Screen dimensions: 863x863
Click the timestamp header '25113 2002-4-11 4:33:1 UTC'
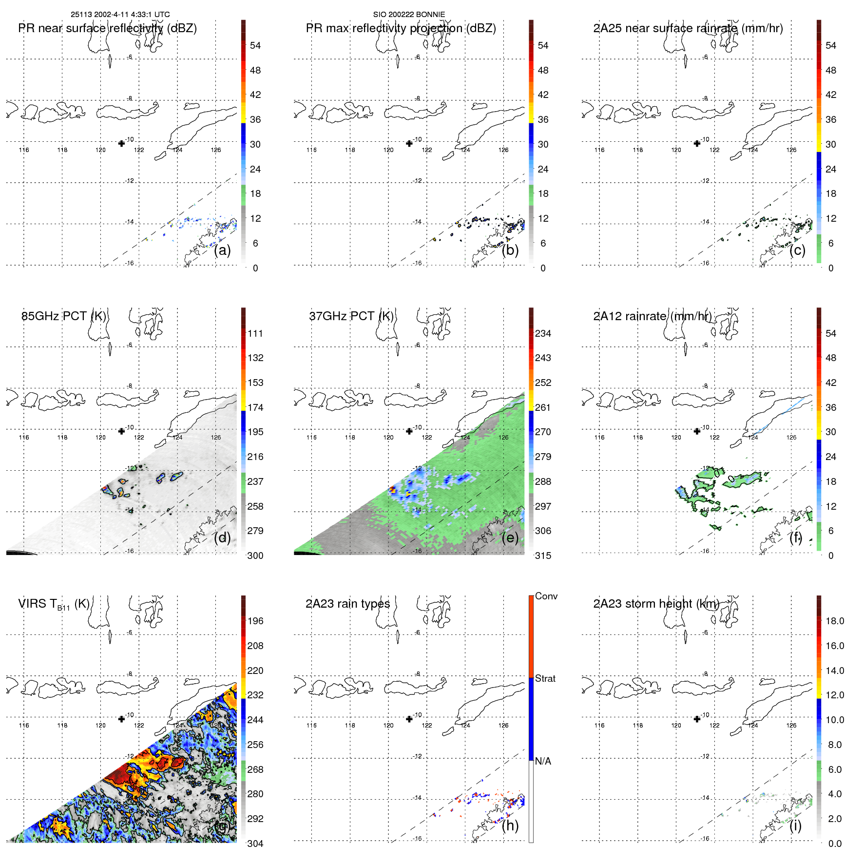point(120,15)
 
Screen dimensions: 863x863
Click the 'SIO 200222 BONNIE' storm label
point(409,15)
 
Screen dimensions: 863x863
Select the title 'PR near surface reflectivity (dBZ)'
point(107,28)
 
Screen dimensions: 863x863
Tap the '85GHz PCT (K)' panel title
point(63,316)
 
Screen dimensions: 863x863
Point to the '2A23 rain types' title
point(347,604)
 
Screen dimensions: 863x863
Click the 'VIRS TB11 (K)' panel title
point(54,604)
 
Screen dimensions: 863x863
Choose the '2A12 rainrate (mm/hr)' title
point(652,316)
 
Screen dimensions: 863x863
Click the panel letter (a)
point(222,250)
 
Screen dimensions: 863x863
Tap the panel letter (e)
point(510,538)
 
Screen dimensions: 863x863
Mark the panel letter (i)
point(795,825)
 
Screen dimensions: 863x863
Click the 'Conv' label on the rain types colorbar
point(546,596)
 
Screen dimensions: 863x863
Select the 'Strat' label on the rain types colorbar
point(545,678)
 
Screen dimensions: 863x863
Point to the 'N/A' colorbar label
point(543,761)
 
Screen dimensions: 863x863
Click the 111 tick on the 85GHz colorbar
point(255,333)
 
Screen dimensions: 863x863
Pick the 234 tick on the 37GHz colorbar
point(543,333)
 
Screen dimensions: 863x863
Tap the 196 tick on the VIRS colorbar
point(255,621)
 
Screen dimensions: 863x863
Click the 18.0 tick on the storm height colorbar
point(834,621)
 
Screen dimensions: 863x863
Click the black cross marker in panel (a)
point(121,143)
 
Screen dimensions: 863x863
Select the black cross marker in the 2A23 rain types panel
point(409,719)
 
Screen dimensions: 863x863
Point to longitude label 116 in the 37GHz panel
point(311,438)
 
